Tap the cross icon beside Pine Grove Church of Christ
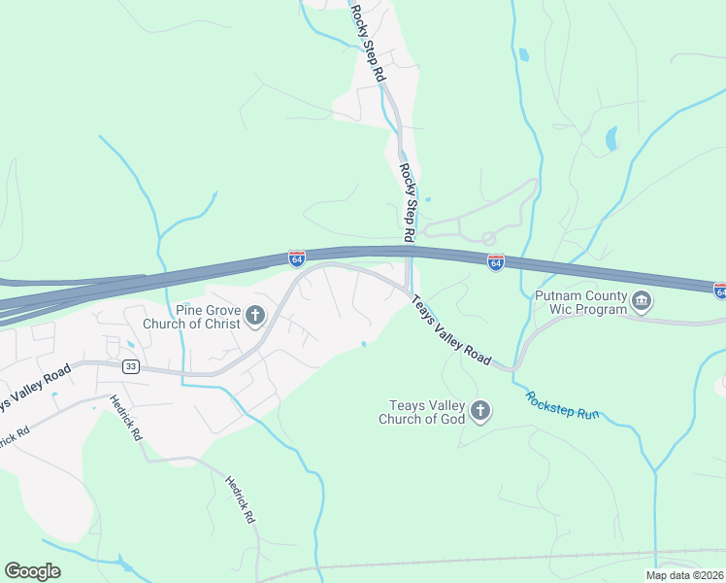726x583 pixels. (x=256, y=315)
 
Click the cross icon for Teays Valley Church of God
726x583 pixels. (x=479, y=412)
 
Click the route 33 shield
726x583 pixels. (x=131, y=366)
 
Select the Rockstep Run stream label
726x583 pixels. (x=563, y=406)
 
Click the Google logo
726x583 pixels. (x=32, y=571)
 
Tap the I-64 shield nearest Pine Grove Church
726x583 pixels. (x=297, y=258)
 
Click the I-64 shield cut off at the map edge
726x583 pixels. (x=720, y=291)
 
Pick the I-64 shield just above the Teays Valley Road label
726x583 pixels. (x=496, y=263)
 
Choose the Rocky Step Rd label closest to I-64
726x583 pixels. (x=409, y=201)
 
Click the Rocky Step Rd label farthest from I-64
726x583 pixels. (x=369, y=45)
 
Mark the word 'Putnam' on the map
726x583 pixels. (x=557, y=293)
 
